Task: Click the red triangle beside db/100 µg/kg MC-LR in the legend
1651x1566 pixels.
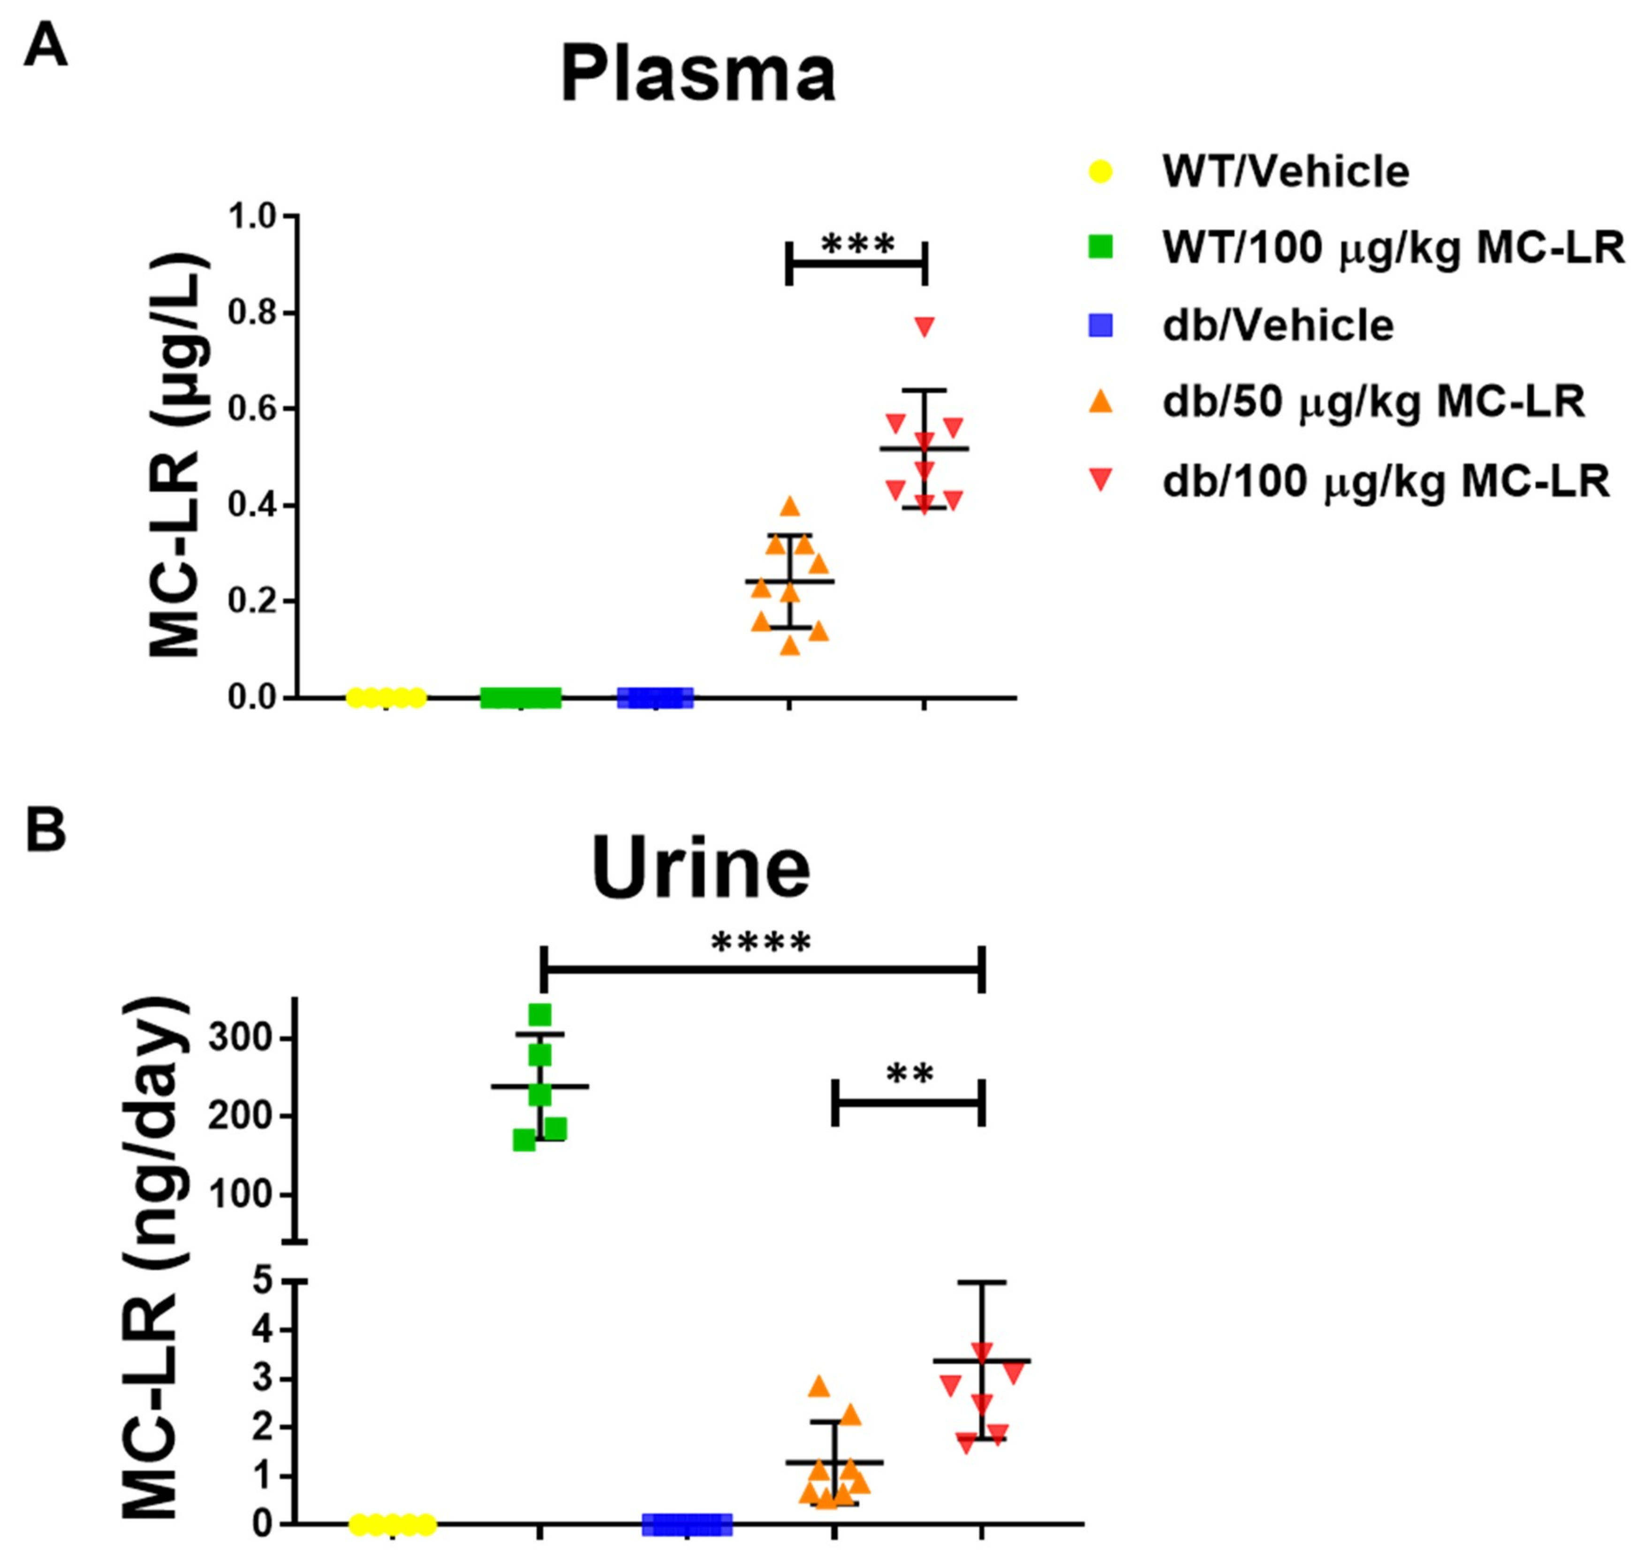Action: click(1102, 479)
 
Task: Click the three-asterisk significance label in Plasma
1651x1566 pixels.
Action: click(858, 244)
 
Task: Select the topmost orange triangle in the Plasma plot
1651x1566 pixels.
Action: click(789, 506)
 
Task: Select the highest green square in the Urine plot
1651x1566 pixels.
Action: click(540, 1015)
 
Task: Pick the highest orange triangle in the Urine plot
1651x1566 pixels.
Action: click(819, 1386)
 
